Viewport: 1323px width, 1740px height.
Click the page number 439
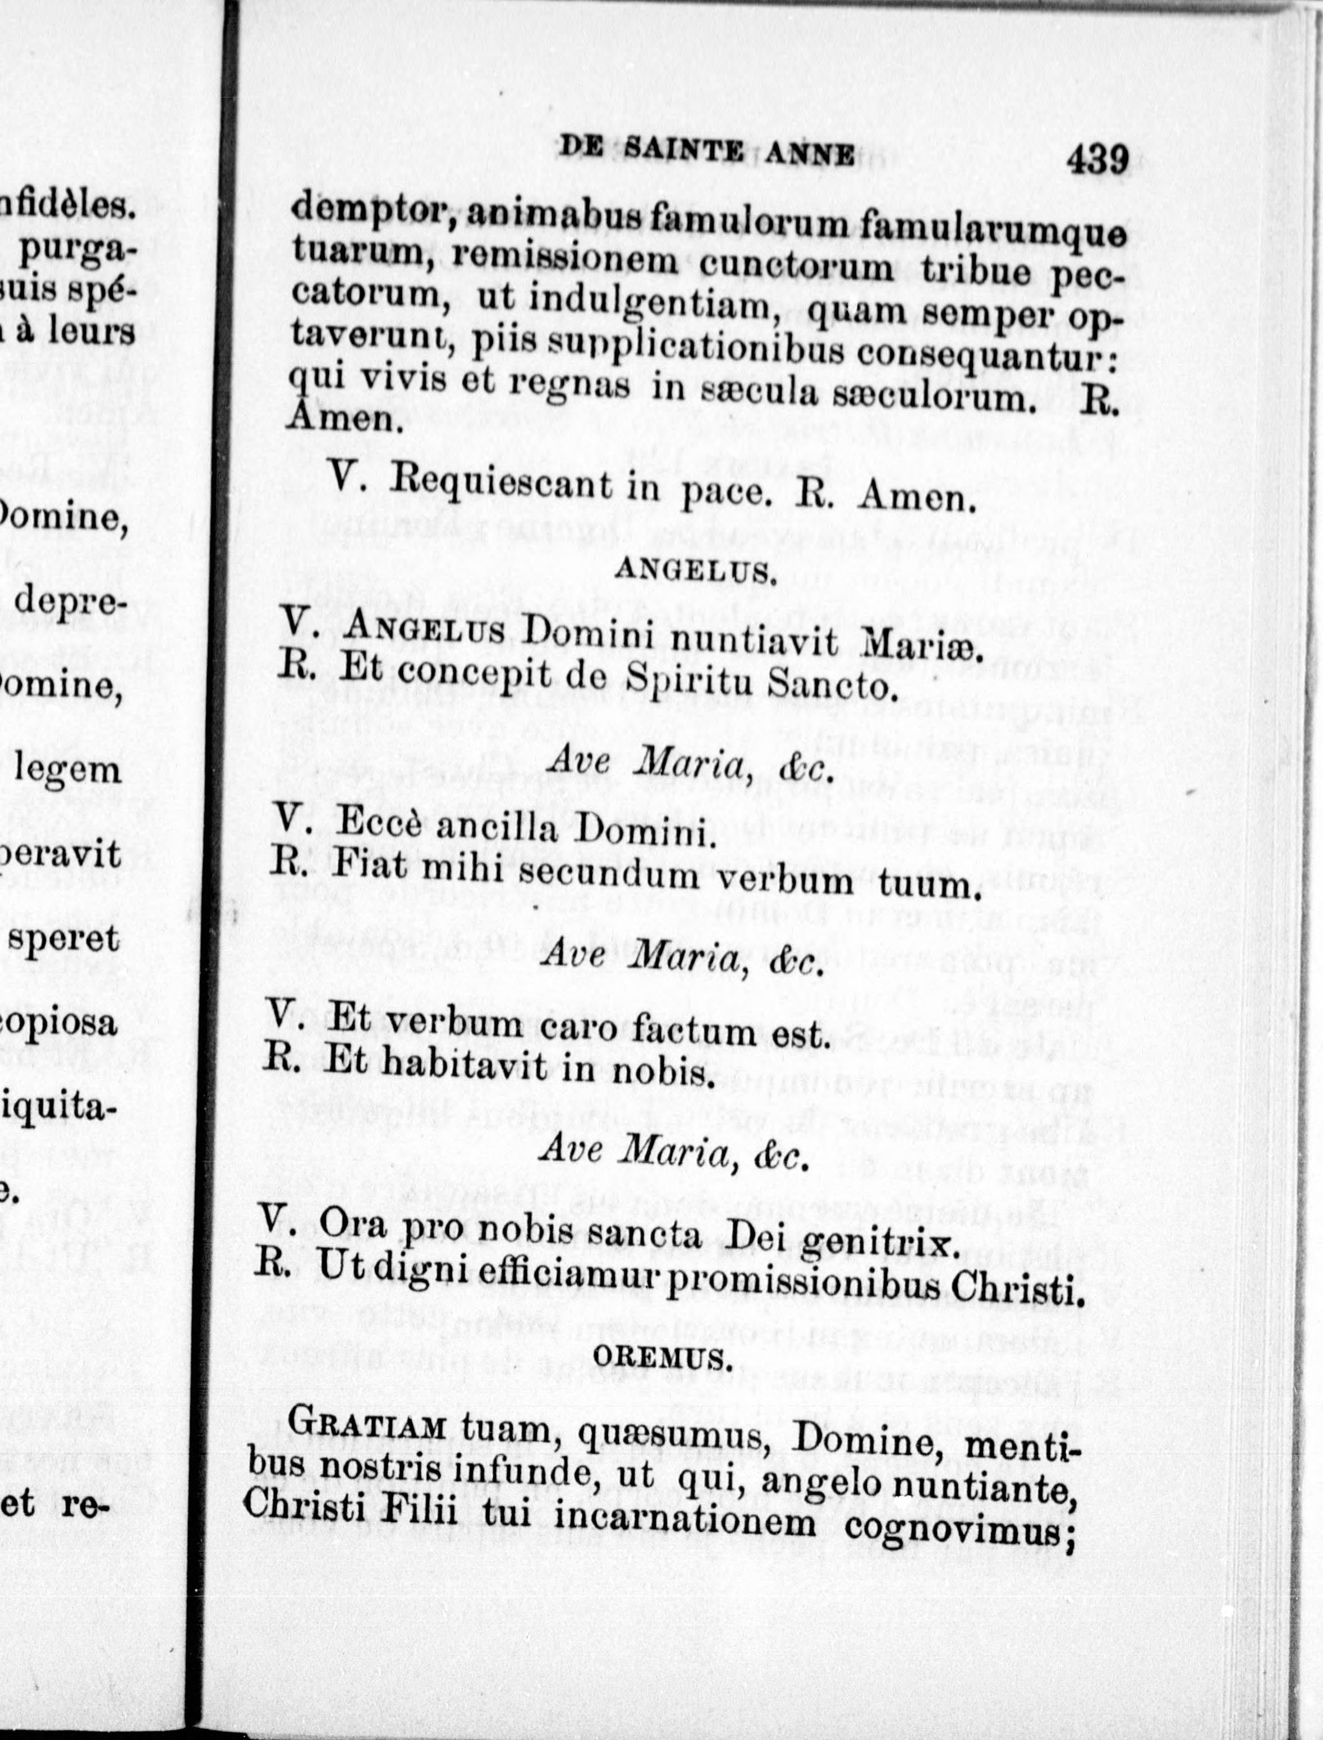click(1097, 160)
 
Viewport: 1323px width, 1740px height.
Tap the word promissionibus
click(805, 1288)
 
